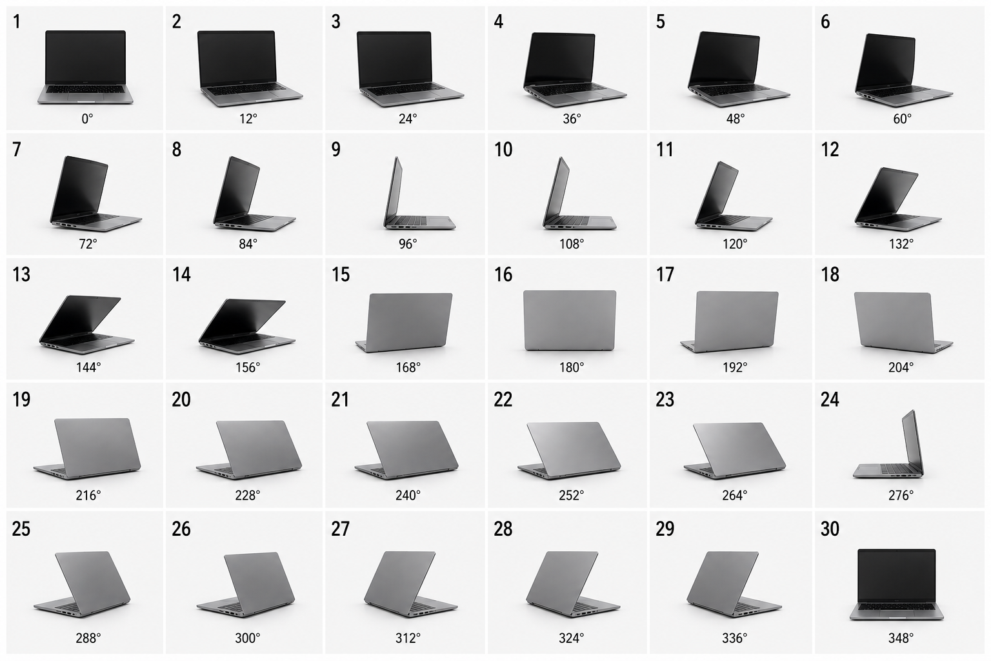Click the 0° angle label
[x=88, y=119]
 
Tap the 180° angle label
[x=572, y=367]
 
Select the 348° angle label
[x=901, y=638]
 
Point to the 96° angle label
[x=408, y=244]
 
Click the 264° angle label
[x=734, y=495]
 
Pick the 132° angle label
[x=901, y=244]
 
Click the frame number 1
[x=17, y=22]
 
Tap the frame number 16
[x=503, y=274]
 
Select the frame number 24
[x=830, y=400]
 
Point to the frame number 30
[x=830, y=529]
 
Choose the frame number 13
[x=21, y=274]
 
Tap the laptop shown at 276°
[x=888, y=444]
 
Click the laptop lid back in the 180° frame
[x=570, y=320]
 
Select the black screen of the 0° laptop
[x=85, y=57]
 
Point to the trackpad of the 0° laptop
[x=85, y=96]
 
